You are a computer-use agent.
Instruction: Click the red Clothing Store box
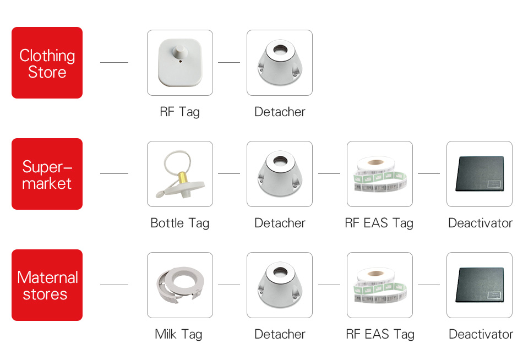[47, 63]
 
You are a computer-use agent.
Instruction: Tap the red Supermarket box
[47, 174]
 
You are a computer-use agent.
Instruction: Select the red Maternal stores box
[47, 285]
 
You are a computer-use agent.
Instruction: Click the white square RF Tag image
[179, 63]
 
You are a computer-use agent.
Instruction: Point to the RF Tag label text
[179, 112]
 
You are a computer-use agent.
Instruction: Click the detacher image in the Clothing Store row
[279, 63]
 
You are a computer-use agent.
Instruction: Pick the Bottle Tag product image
[179, 174]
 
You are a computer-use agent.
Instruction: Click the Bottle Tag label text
[179, 223]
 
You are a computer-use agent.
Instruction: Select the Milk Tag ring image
[179, 285]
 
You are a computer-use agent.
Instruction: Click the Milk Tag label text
[178, 334]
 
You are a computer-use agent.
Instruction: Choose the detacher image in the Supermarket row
[279, 174]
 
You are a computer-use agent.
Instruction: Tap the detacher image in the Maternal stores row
[279, 285]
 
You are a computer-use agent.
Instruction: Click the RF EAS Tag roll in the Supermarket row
[379, 174]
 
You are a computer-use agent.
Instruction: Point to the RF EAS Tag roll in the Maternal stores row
[379, 285]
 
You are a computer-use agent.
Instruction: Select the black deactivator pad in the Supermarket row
[480, 174]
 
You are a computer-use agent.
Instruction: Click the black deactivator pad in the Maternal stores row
[480, 285]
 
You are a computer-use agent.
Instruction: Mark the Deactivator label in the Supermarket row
[480, 223]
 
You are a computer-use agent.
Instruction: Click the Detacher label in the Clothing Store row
[280, 112]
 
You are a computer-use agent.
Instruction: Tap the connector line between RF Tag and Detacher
[229, 63]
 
